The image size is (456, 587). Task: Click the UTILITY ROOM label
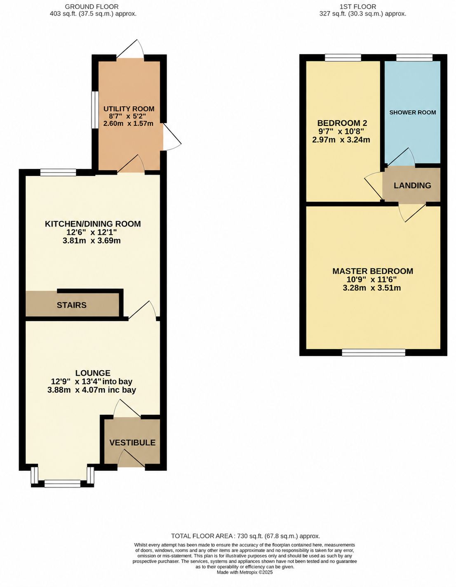pyautogui.click(x=129, y=109)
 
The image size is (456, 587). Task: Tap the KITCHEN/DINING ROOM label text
pyautogui.click(x=92, y=224)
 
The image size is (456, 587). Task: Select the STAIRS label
pyautogui.click(x=71, y=305)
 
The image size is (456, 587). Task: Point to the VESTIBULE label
pyautogui.click(x=132, y=443)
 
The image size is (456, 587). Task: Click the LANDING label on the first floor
pyautogui.click(x=412, y=186)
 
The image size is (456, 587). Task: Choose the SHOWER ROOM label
pyautogui.click(x=413, y=112)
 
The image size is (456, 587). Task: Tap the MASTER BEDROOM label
pyautogui.click(x=373, y=271)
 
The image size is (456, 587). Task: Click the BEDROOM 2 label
pyautogui.click(x=342, y=123)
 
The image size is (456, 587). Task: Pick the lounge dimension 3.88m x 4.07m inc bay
pyautogui.click(x=92, y=390)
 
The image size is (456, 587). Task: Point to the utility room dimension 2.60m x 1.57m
pyautogui.click(x=129, y=124)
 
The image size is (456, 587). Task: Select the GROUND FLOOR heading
pyautogui.click(x=92, y=7)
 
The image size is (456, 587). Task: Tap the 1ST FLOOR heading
pyautogui.click(x=363, y=7)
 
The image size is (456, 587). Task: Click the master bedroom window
pyautogui.click(x=374, y=353)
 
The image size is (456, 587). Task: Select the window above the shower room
pyautogui.click(x=414, y=57)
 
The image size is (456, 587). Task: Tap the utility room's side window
pyautogui.click(x=95, y=110)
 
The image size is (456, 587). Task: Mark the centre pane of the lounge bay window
pyautogui.click(x=62, y=483)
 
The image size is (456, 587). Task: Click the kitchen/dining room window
pyautogui.click(x=58, y=173)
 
